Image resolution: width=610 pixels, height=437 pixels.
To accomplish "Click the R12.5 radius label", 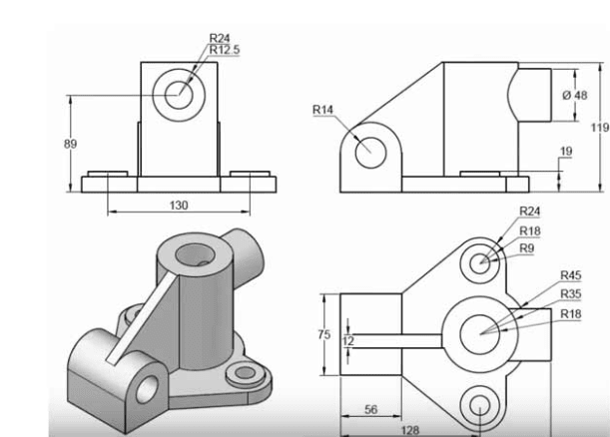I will [225, 49].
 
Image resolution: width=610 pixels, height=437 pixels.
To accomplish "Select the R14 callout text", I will [321, 109].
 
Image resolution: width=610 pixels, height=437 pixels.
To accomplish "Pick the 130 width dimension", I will [179, 205].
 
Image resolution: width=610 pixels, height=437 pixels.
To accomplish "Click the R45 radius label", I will [570, 275].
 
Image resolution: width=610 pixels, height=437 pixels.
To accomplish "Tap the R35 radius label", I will [570, 294].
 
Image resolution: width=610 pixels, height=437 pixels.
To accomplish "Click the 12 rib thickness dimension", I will [347, 340].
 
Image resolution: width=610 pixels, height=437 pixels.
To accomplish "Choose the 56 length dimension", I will [369, 410].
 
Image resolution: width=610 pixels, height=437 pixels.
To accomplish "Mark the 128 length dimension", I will [410, 429].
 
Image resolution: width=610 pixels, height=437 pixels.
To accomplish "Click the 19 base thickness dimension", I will [566, 152].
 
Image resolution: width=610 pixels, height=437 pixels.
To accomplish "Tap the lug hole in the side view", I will [368, 152].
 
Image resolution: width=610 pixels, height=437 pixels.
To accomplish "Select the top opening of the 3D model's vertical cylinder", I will [194, 257].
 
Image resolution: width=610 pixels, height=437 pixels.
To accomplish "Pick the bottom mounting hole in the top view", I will [481, 405].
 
